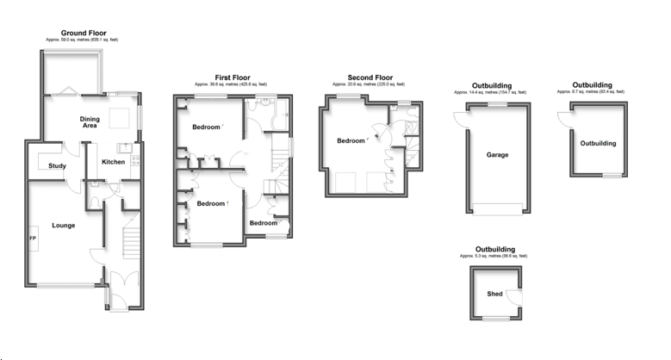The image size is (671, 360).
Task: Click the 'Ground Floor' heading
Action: pyautogui.click(x=83, y=33)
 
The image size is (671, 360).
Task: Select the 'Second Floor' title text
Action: pyautogui.click(x=370, y=78)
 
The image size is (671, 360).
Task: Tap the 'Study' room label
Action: pyautogui.click(x=58, y=165)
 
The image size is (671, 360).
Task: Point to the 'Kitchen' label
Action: pyautogui.click(x=114, y=162)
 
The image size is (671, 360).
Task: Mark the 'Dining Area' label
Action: pyautogui.click(x=89, y=122)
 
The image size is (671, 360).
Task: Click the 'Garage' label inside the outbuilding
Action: pyautogui.click(x=497, y=155)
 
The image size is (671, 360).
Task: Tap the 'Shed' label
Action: pyautogui.click(x=494, y=294)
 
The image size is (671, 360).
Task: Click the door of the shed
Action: pyautogui.click(x=515, y=297)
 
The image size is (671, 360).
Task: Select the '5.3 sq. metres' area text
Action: pyautogui.click(x=494, y=256)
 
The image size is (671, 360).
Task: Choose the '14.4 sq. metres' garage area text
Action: pyautogui.click(x=490, y=92)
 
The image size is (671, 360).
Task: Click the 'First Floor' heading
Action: pyautogui.click(x=233, y=78)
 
